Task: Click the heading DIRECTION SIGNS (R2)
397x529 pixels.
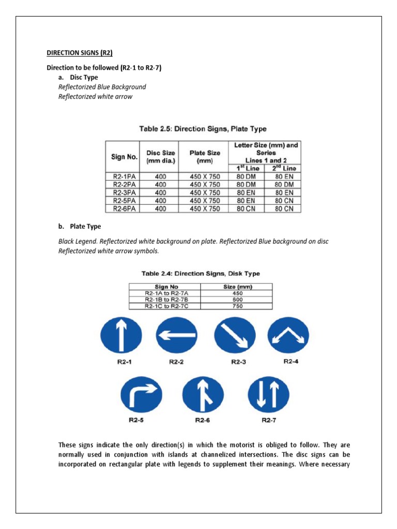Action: click(80, 53)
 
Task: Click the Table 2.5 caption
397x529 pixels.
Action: click(203, 129)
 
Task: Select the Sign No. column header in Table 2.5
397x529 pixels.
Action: click(124, 157)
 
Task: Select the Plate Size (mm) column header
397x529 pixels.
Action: click(205, 157)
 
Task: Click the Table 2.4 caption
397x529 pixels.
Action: click(201, 273)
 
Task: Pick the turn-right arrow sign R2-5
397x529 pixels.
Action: click(139, 395)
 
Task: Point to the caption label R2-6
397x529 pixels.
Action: click(202, 420)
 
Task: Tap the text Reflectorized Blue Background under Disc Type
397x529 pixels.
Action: click(102, 87)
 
